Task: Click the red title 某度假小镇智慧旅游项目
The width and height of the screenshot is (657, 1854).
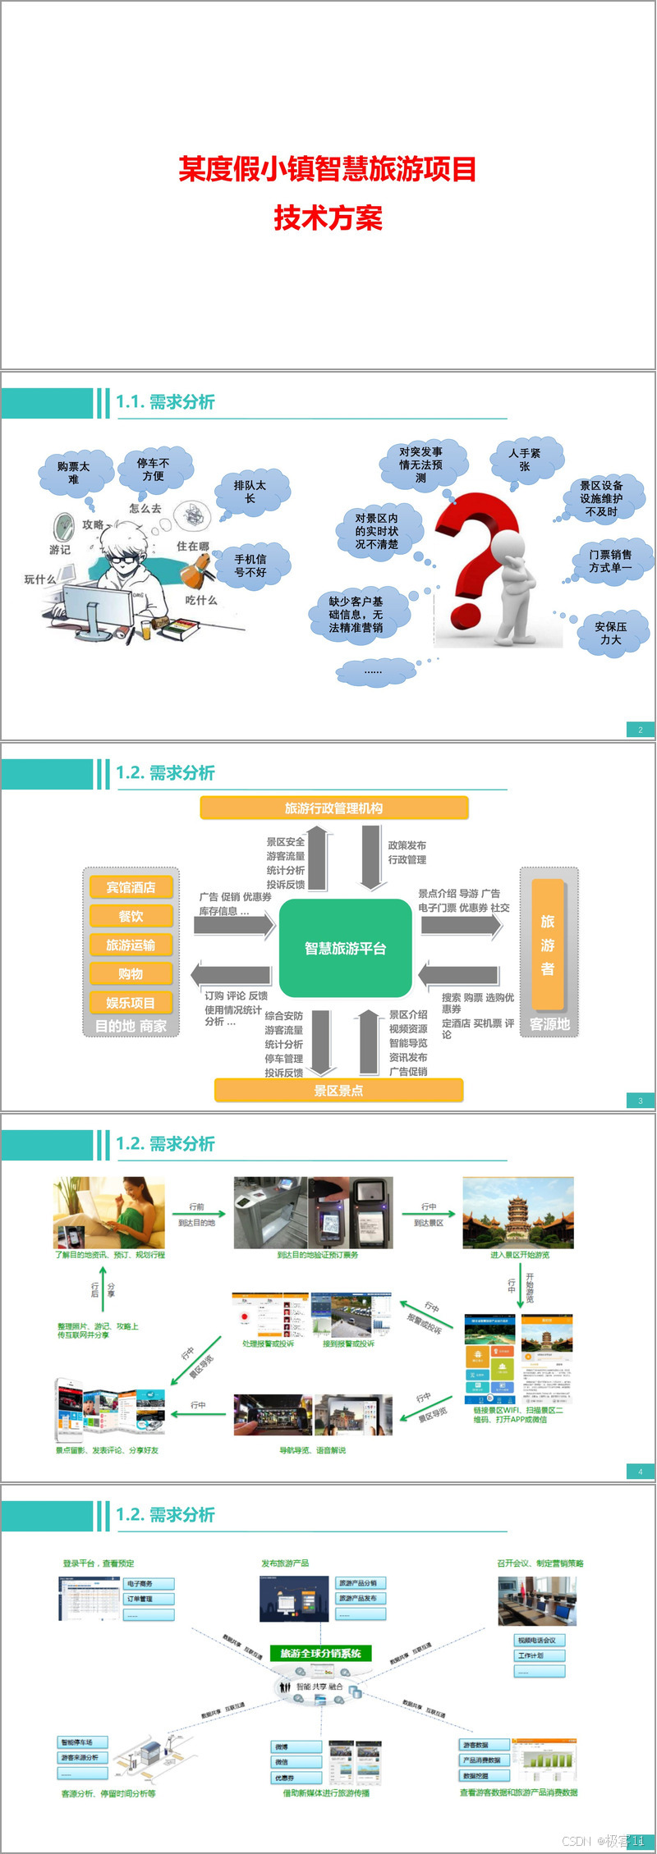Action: click(x=328, y=169)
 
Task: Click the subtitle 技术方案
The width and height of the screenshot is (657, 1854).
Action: click(x=328, y=218)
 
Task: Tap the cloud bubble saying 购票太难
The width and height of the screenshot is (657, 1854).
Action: click(x=74, y=472)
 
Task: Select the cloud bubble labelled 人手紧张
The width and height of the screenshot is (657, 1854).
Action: click(x=525, y=460)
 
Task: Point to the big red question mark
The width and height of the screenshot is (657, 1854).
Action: click(x=476, y=558)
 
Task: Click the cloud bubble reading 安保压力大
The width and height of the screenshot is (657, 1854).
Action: click(x=611, y=633)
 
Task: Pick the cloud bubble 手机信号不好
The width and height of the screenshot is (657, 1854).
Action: click(x=250, y=565)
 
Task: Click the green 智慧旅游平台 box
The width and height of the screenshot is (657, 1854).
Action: click(x=345, y=948)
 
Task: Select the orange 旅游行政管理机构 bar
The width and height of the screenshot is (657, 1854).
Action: click(x=333, y=808)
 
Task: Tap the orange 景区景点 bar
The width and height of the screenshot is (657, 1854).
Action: click(x=338, y=1091)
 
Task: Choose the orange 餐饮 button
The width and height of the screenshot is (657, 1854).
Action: click(x=131, y=916)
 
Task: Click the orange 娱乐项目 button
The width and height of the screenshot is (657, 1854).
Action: click(x=131, y=1002)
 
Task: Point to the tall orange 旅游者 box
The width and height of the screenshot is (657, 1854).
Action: click(x=548, y=945)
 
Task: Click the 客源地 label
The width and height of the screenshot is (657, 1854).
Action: click(x=549, y=1024)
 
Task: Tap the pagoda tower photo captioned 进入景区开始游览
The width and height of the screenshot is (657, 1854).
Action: click(x=518, y=1212)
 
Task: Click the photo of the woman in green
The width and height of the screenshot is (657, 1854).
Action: click(x=109, y=1212)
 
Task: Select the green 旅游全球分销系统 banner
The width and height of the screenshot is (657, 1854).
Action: click(x=321, y=1653)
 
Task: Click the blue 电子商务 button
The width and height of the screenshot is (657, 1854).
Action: click(x=149, y=1583)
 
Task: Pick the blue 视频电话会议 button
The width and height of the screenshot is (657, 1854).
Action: click(x=540, y=1640)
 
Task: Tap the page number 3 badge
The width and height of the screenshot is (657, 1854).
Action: click(x=641, y=1101)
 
